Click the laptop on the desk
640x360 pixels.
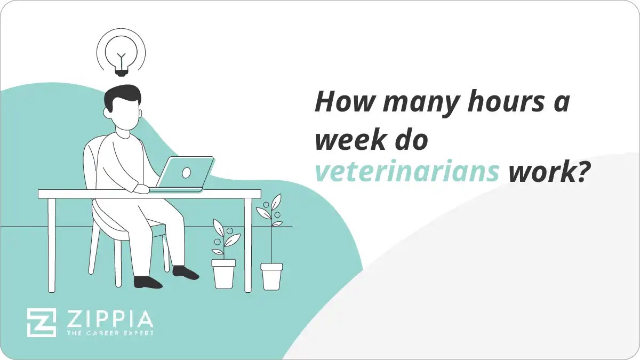click(184, 173)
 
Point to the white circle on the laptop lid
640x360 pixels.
click(186, 172)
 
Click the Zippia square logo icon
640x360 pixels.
click(42, 323)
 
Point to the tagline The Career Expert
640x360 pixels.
click(109, 333)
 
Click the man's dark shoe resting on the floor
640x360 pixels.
click(148, 282)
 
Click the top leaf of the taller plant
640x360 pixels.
click(276, 202)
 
